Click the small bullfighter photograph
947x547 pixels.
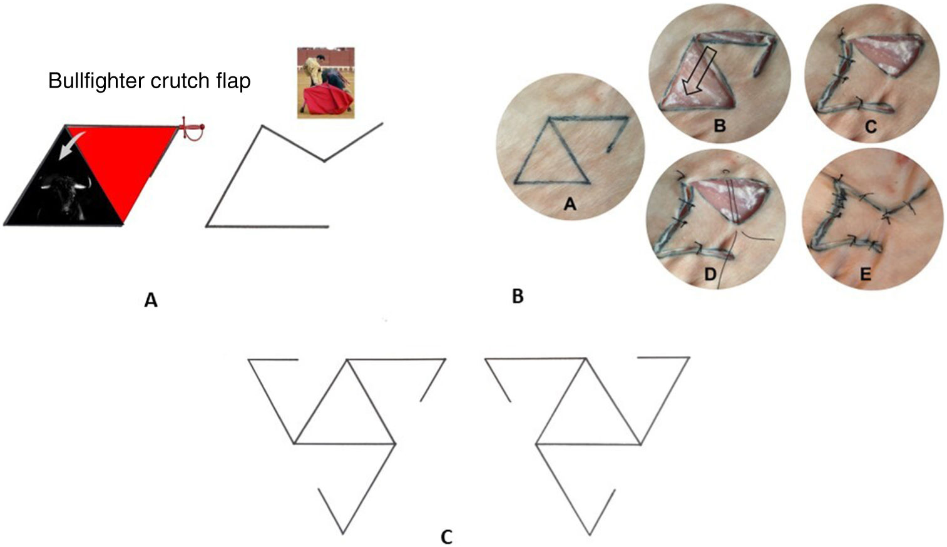coord(325,82)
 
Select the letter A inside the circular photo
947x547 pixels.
coord(570,203)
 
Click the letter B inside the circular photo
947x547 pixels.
coord(720,126)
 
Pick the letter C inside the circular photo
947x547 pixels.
coord(871,127)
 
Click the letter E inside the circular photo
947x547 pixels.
coord(866,274)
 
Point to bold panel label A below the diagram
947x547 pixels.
coord(151,301)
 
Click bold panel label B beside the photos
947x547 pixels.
coord(518,297)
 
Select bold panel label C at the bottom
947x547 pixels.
coord(446,536)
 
